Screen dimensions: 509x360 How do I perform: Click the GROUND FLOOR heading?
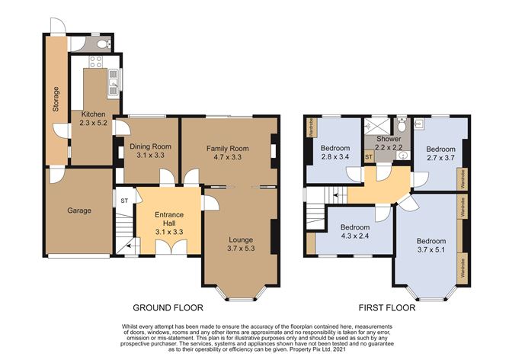tap(168, 307)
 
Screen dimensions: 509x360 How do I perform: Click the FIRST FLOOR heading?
tap(387, 307)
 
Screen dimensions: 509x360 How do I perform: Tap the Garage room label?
tap(79, 211)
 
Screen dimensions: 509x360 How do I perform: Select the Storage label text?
tap(56, 99)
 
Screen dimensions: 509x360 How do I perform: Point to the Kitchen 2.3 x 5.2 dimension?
tap(93, 123)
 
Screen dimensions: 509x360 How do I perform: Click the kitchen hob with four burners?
tap(96, 62)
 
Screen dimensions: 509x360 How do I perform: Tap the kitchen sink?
tap(114, 83)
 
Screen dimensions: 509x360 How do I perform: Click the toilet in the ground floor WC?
tap(104, 43)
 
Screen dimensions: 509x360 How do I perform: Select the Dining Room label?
tap(150, 146)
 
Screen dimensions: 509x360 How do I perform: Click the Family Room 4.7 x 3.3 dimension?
tap(228, 157)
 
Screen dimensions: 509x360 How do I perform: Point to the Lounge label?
tap(241, 239)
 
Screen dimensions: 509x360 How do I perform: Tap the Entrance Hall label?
tap(169, 219)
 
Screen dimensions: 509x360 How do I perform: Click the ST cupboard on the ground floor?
tap(125, 201)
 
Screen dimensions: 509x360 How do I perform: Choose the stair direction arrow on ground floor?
tap(130, 246)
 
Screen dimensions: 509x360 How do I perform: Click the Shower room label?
tap(389, 139)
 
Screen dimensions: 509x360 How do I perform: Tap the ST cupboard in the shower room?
tap(369, 157)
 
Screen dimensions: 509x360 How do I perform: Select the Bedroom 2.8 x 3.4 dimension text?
tap(335, 157)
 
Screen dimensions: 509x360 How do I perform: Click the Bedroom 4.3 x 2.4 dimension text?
tap(355, 236)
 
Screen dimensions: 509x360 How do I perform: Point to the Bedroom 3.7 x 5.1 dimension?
tap(431, 249)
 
